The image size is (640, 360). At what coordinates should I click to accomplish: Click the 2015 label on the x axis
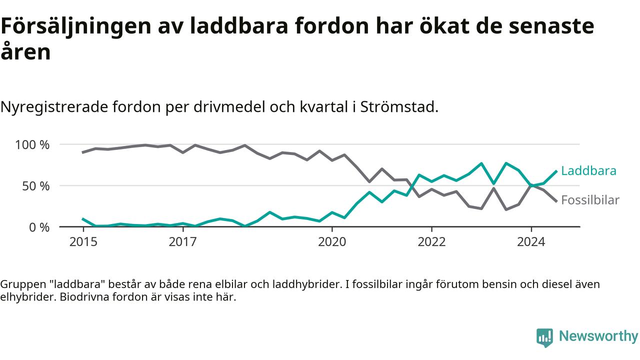tap(83, 241)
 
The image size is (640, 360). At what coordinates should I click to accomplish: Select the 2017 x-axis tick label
tap(183, 241)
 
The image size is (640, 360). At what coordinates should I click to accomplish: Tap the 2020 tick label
tap(332, 241)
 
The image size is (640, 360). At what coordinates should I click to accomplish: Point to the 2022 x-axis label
tap(431, 241)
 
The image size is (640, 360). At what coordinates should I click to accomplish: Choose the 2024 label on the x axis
tap(531, 241)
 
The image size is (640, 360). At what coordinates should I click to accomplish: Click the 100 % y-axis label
tap(32, 145)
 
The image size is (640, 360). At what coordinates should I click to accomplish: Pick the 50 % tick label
tap(36, 186)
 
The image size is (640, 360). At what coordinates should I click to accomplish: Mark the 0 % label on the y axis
tap(39, 227)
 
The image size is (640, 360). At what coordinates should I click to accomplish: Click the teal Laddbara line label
tap(589, 171)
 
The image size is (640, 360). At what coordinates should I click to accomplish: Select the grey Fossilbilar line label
tap(590, 200)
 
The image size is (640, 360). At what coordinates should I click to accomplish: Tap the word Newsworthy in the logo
tap(598, 336)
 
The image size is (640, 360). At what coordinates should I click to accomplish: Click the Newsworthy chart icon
tap(544, 337)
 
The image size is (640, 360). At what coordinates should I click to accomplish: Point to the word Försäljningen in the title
tap(76, 26)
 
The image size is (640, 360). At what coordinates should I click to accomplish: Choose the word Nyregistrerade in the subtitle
tap(54, 107)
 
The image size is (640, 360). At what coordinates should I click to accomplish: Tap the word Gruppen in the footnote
tap(23, 285)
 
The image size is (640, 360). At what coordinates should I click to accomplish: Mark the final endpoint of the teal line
tap(556, 171)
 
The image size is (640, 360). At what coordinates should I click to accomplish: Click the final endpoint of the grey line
tap(556, 201)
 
